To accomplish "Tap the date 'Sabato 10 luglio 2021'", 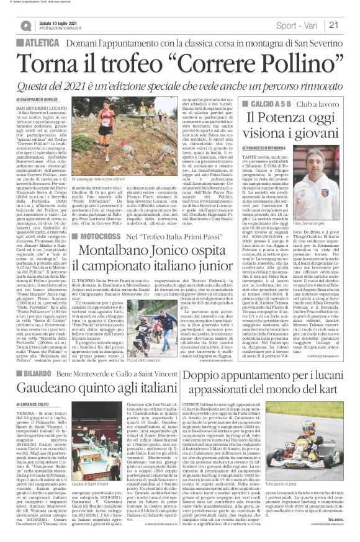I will [56, 22].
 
